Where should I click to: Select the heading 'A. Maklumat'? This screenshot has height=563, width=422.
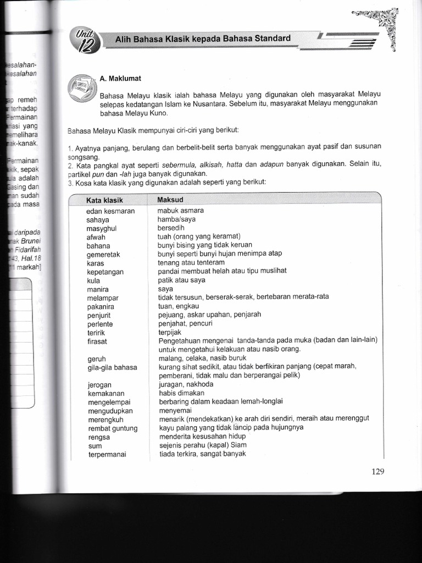pyautogui.click(x=120, y=79)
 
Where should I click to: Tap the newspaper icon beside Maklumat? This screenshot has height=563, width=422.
pyautogui.click(x=81, y=87)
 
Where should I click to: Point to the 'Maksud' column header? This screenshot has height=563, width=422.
pyautogui.click(x=170, y=200)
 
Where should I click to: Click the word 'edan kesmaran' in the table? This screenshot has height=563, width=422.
pyautogui.click(x=110, y=211)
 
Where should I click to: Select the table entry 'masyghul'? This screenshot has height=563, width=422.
pyautogui.click(x=102, y=228)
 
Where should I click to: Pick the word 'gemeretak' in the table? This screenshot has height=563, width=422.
pyautogui.click(x=103, y=255)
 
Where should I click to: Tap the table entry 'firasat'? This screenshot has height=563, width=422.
pyautogui.click(x=97, y=341)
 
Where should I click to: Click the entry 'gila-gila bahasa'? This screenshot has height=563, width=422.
pyautogui.click(x=112, y=367)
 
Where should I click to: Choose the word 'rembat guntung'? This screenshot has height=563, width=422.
pyautogui.click(x=112, y=428)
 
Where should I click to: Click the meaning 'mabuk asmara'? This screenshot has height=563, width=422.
pyautogui.click(x=181, y=211)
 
